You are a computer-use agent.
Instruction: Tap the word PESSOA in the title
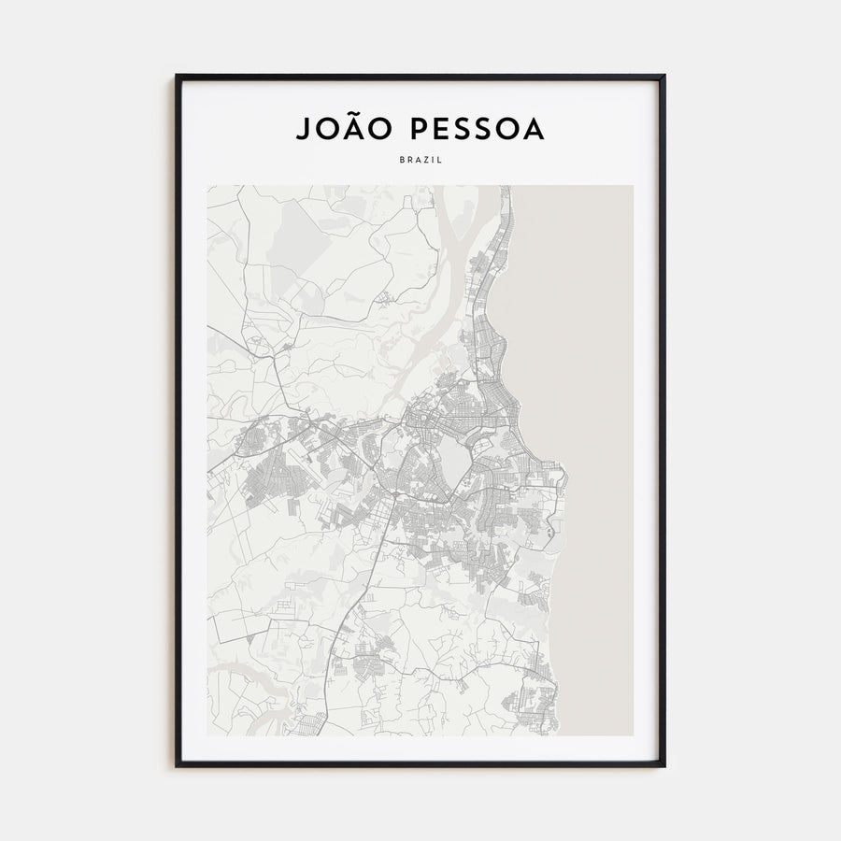472,130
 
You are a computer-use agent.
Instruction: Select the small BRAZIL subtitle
420,160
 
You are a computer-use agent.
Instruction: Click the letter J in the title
303,130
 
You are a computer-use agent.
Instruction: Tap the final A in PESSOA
534,130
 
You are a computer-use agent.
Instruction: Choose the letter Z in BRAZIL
426,160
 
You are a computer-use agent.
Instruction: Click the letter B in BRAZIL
402,160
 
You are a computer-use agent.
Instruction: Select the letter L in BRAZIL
440,160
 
